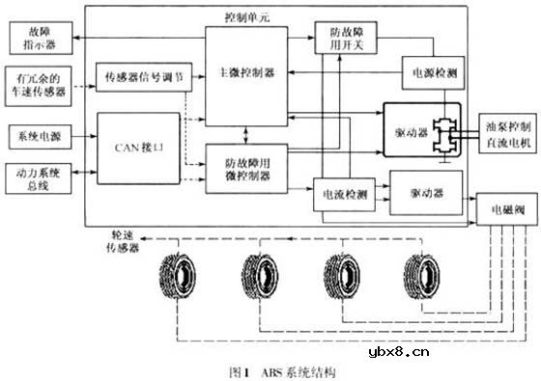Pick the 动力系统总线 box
(36, 179)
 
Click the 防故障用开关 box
(342, 38)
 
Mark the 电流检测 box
(343, 194)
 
